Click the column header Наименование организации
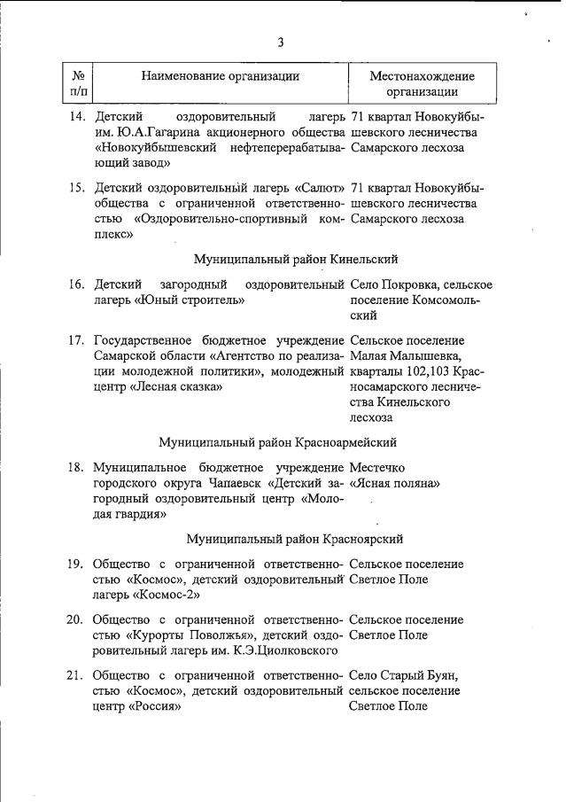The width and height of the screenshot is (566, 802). (x=221, y=76)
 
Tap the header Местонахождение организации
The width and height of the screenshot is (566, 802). (x=422, y=83)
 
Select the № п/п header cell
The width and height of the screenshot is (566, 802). (x=78, y=83)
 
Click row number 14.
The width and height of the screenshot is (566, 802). (x=77, y=116)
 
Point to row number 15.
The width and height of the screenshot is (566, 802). (x=77, y=187)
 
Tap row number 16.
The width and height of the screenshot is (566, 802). (x=77, y=284)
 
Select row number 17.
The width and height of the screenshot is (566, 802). (x=77, y=339)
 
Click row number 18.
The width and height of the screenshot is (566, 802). (x=77, y=467)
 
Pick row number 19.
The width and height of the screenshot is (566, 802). (x=77, y=564)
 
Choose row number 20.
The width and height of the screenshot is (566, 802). (x=77, y=619)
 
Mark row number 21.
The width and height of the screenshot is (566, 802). (x=77, y=674)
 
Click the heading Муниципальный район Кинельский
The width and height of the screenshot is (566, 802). (x=296, y=259)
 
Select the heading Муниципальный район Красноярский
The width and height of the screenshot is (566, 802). (x=296, y=538)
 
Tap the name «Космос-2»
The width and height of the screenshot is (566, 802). (x=165, y=596)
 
